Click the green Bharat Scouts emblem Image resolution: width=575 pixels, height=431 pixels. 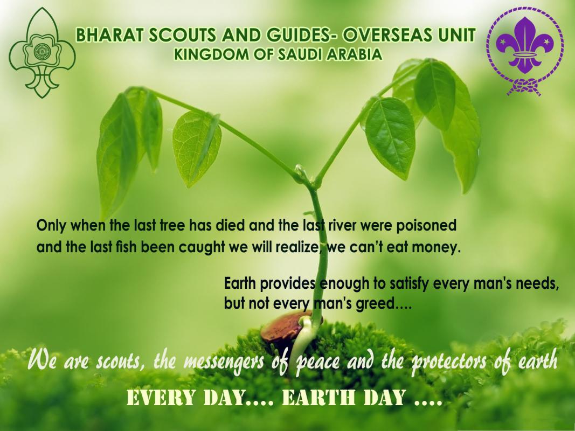(x=41, y=53)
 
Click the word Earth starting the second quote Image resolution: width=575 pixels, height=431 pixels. (x=240, y=284)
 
